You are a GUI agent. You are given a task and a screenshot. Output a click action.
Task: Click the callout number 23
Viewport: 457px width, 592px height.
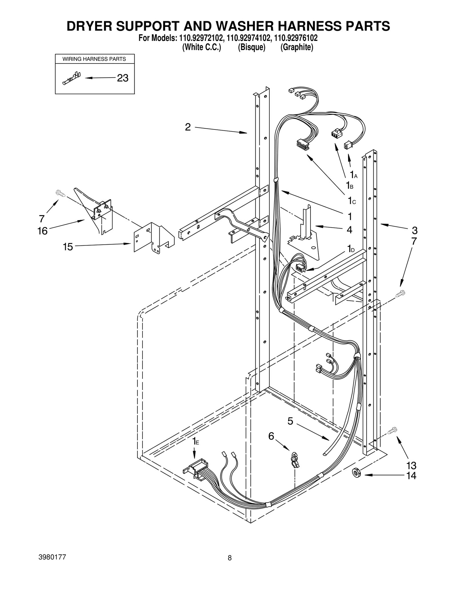(123, 78)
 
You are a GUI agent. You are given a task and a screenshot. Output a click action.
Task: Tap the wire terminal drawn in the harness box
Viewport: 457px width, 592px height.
(71, 78)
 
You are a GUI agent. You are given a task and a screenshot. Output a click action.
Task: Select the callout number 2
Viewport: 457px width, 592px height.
(188, 127)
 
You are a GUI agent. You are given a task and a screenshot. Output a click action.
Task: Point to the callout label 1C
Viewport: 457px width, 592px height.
(352, 201)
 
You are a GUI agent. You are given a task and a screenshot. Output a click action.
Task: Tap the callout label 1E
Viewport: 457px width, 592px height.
(195, 441)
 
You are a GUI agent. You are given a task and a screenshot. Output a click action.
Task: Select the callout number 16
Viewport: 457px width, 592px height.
(43, 231)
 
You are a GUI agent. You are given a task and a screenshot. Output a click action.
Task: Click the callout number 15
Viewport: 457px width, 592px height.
(68, 246)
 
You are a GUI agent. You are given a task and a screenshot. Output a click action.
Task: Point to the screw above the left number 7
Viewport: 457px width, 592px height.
(61, 193)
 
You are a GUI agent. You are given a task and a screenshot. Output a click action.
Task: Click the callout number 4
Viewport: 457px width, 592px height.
(349, 230)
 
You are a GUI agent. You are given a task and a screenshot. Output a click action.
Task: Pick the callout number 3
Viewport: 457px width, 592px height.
(414, 230)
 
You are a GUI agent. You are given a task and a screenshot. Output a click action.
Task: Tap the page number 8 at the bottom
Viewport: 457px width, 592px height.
(230, 566)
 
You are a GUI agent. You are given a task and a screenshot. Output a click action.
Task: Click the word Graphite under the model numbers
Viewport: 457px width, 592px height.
(297, 47)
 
